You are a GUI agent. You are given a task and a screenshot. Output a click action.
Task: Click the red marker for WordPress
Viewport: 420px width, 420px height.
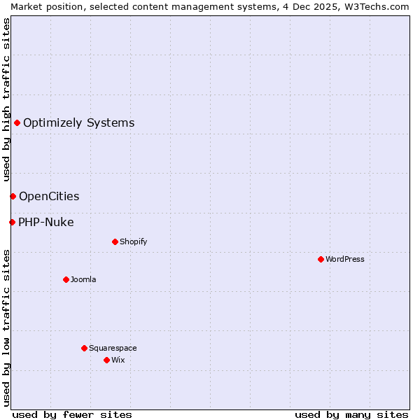coord(321,259)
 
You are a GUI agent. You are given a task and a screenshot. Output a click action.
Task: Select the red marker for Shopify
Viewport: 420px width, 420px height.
coord(115,241)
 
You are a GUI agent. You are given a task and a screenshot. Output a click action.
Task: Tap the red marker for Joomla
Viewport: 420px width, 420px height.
coord(66,279)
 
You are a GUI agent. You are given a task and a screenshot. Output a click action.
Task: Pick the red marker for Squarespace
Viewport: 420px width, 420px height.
coord(84,348)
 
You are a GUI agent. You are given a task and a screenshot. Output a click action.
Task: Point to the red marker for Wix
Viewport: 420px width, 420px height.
coord(106,360)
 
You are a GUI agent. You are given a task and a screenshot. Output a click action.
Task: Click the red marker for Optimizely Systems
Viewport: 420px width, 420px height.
coord(17,123)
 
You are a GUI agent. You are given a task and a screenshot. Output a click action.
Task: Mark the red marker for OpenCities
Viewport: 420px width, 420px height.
coord(13,196)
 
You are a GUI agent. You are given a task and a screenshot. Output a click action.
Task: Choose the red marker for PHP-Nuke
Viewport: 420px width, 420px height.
coord(12,223)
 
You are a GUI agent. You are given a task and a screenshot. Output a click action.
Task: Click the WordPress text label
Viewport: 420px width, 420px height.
coord(345,259)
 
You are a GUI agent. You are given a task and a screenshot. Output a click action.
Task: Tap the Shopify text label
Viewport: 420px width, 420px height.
coord(134,241)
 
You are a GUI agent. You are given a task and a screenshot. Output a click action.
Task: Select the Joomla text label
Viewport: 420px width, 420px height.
coord(83,279)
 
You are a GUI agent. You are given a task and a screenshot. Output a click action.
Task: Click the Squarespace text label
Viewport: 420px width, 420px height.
coord(113,348)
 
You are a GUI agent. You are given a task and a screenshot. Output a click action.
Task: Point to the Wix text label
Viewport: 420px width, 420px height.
coord(118,360)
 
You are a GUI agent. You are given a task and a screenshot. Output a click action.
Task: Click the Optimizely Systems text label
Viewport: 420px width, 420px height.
coord(79,123)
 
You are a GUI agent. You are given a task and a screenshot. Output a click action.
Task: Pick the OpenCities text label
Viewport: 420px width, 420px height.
coord(49,196)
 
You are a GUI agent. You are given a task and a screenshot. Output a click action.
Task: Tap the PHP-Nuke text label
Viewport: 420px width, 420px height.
coord(46,223)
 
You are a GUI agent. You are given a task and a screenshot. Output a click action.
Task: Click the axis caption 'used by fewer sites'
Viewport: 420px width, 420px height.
coord(72,414)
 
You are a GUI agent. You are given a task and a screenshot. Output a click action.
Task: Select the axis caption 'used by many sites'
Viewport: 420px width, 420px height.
coord(351,414)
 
